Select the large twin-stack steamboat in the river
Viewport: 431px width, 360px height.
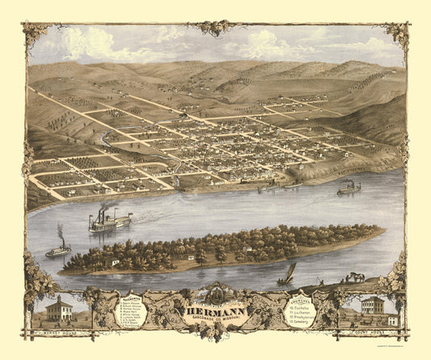(x=111, y=219)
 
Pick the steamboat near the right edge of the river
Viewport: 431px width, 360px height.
(x=349, y=188)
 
